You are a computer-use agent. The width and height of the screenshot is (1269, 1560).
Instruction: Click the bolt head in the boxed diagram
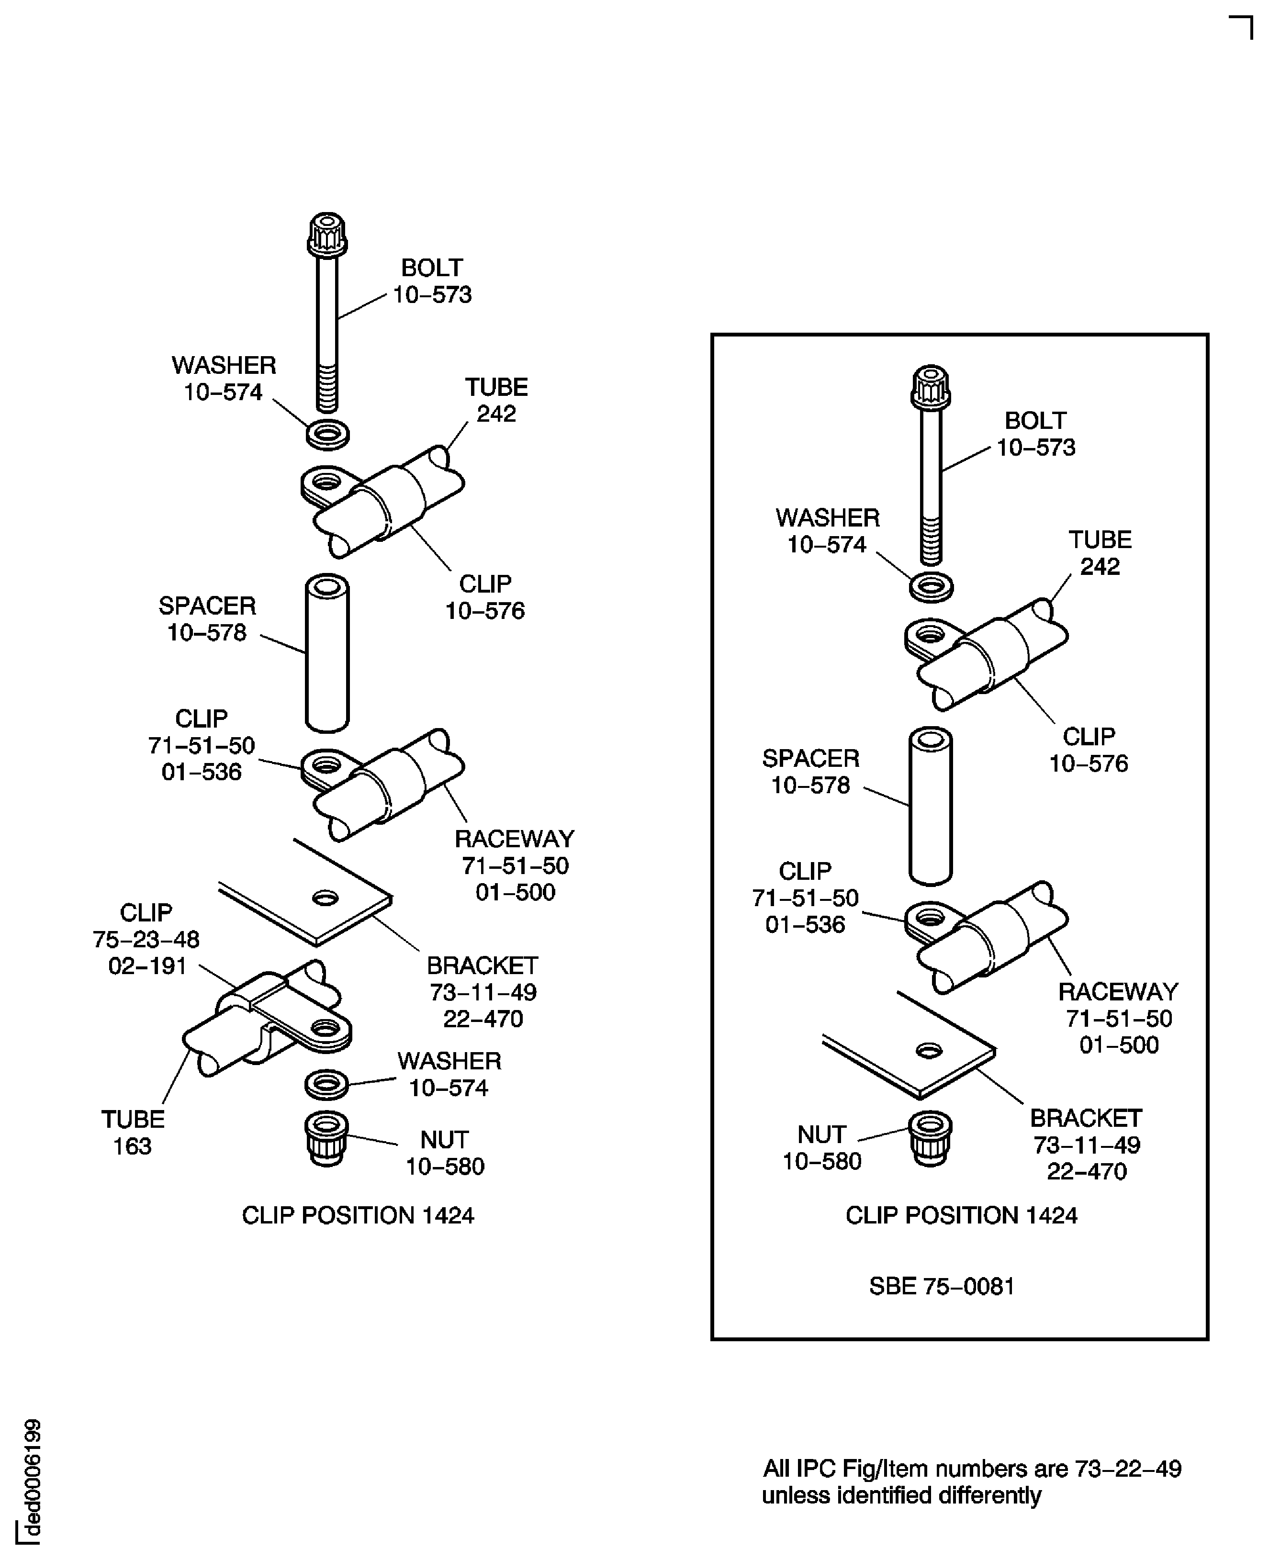click(x=931, y=387)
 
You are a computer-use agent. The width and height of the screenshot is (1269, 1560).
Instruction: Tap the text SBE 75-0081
click(x=942, y=1286)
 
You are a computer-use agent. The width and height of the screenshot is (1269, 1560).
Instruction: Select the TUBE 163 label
click(x=132, y=1133)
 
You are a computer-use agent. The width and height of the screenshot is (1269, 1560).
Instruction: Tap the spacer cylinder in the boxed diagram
click(x=931, y=806)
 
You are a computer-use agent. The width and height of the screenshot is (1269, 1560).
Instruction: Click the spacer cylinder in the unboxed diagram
click(x=327, y=653)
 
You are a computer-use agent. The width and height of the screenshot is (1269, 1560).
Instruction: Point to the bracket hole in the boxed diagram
click(x=929, y=1051)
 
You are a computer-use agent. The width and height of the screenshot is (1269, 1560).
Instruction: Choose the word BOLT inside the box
click(x=1035, y=421)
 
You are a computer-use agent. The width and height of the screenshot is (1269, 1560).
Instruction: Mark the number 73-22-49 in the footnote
click(x=1128, y=1469)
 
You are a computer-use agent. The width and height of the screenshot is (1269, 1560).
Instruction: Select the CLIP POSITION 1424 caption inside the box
click(x=961, y=1215)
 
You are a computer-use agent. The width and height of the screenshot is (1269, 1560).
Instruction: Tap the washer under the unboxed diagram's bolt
click(x=327, y=435)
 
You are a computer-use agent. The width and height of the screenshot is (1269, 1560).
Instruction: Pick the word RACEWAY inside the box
click(x=1118, y=992)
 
